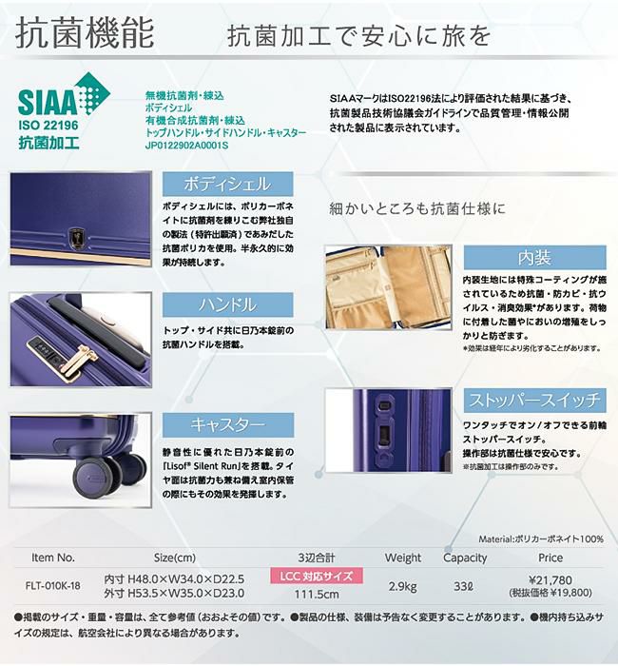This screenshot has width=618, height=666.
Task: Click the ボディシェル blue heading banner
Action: [x=227, y=184]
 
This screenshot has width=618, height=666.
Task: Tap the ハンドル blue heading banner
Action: [x=227, y=304]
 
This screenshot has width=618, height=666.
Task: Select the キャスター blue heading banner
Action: [x=228, y=424]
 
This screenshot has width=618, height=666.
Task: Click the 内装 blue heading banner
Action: [x=534, y=258]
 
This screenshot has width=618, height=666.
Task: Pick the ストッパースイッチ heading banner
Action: [x=534, y=401]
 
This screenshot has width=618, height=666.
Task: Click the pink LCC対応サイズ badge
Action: [x=317, y=576]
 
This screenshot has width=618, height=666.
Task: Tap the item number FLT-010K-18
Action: [x=52, y=586]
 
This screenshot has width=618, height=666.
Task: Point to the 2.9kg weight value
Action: [x=402, y=587]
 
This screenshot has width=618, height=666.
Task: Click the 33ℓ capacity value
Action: [x=464, y=587]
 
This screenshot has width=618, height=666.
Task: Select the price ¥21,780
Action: [x=550, y=579]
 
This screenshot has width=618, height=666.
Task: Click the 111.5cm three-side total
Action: [x=317, y=594]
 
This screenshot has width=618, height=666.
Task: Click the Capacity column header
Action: [x=465, y=558]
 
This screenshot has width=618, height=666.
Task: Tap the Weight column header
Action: [x=403, y=558]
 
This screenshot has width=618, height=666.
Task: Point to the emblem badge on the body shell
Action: [x=77, y=239]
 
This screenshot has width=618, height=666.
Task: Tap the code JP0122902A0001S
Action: [x=186, y=146]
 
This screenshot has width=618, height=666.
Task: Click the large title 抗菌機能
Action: [x=85, y=32]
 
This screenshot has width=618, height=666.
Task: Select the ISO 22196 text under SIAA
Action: [x=48, y=126]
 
